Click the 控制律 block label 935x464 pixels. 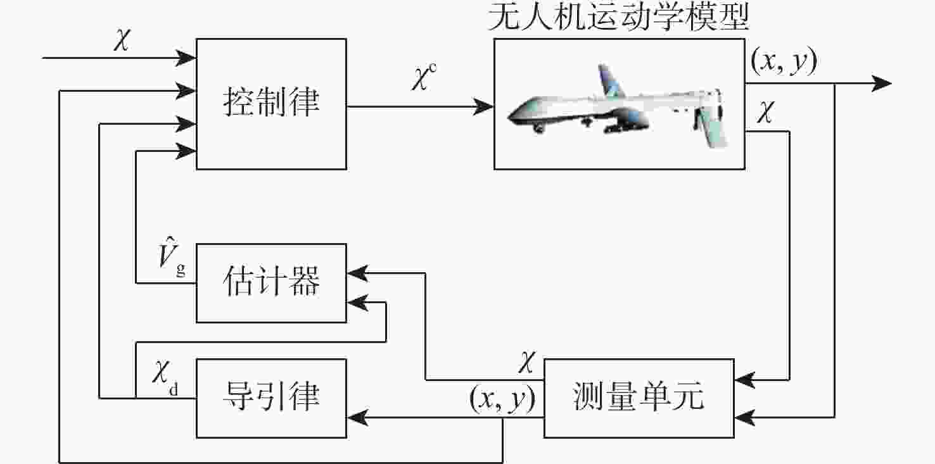coord(271,102)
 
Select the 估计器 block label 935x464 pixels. coord(271,281)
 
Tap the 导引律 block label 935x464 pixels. coord(271,396)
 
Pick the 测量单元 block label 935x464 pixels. coord(639,396)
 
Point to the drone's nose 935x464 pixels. coord(510,117)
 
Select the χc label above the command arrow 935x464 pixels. coord(424,77)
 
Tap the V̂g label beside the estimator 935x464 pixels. coord(172,256)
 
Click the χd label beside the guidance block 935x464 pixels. coord(165,377)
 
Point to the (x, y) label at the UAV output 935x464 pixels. coord(784,61)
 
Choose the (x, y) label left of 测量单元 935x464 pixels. coord(502,399)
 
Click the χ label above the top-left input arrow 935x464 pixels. coord(122,40)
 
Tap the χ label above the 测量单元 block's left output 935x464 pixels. coord(527,361)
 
